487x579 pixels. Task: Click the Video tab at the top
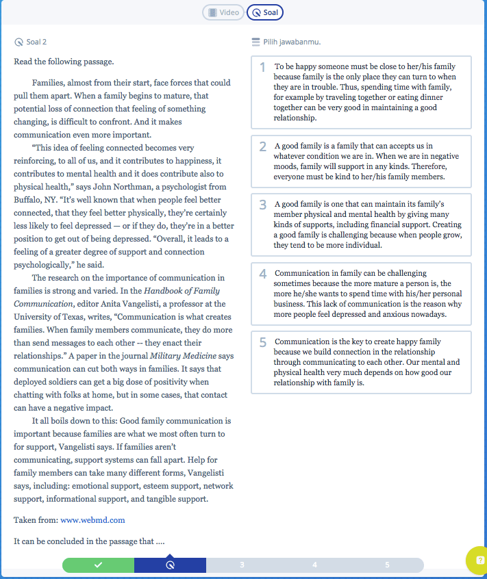pos(223,12)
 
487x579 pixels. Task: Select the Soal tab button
pos(264,12)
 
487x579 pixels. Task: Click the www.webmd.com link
pos(92,520)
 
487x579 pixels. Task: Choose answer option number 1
pos(361,92)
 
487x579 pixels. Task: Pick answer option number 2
pos(361,162)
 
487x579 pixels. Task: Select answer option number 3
pos(361,224)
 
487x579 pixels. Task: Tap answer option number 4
pos(361,294)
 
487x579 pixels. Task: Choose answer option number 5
pos(361,362)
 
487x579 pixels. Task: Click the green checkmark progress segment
pos(99,565)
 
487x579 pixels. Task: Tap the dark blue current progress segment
pos(170,565)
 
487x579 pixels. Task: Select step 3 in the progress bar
pos(242,565)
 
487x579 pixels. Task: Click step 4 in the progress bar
pos(314,565)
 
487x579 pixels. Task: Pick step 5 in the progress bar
pos(387,565)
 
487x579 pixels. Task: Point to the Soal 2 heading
pos(36,42)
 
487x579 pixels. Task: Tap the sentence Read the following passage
pos(64,62)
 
